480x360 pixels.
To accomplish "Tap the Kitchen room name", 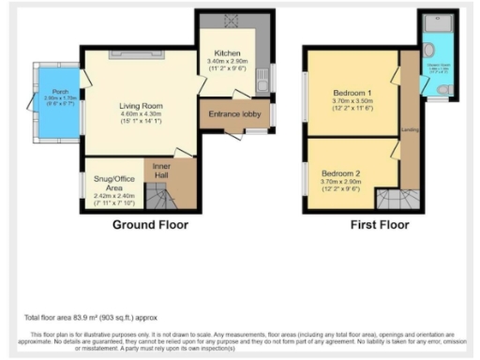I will (x=228, y=52).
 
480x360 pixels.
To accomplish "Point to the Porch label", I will (x=47, y=92).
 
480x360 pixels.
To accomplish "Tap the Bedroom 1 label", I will (x=352, y=93).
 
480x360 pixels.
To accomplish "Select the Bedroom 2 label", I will (x=340, y=173).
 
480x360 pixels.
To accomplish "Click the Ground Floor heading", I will (x=150, y=225).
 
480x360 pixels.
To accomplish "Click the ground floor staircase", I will (x=165, y=198).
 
